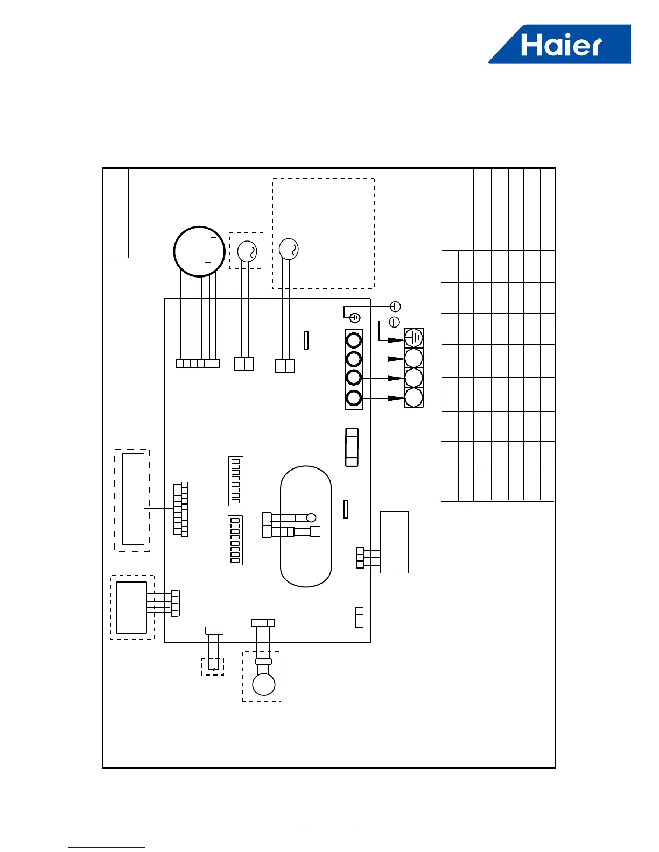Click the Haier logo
click(x=560, y=45)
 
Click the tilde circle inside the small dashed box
click(x=247, y=251)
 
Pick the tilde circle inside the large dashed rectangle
click(x=289, y=249)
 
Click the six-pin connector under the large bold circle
click(x=198, y=364)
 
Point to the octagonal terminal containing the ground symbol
click(x=413, y=338)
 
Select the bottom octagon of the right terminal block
click(x=413, y=398)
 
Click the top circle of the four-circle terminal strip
click(x=354, y=340)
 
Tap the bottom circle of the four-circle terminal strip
click(x=354, y=399)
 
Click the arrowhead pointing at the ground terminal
click(x=396, y=340)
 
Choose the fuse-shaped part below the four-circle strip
click(x=352, y=448)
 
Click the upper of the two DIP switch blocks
click(x=235, y=481)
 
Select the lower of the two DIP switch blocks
click(x=235, y=540)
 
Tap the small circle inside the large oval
click(x=311, y=518)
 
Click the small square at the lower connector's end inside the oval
click(x=316, y=532)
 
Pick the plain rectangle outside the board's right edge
click(x=394, y=542)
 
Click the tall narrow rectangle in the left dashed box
click(x=133, y=499)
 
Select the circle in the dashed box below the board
click(x=264, y=685)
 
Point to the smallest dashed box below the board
click(x=213, y=666)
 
